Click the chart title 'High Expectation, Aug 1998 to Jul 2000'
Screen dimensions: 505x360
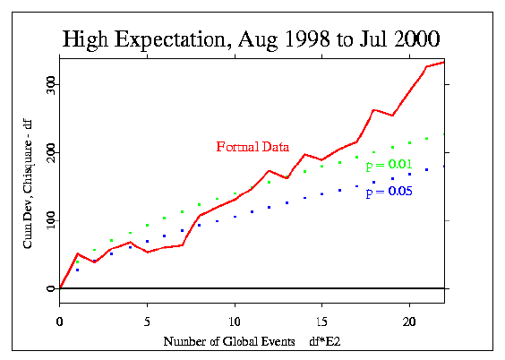(251, 39)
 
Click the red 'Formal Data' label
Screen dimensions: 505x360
(252, 147)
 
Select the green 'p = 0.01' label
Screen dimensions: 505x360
(389, 165)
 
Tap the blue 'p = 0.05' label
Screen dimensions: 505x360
(389, 192)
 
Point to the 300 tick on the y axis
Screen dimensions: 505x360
(51, 85)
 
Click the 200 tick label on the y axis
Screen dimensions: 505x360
(51, 152)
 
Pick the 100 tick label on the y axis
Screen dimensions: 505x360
(51, 220)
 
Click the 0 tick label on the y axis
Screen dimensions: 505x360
(51, 288)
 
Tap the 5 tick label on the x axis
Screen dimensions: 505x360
(147, 321)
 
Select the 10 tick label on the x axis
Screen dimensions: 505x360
(235, 321)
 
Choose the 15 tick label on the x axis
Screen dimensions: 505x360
(321, 321)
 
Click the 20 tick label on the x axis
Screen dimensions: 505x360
(409, 321)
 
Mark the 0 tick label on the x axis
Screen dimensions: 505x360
(60, 321)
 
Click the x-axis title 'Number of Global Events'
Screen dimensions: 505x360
(229, 342)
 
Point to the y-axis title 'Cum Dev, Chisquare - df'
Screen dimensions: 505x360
(28, 184)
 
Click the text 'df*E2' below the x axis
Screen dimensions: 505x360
(325, 342)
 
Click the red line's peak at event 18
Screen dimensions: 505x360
(373, 110)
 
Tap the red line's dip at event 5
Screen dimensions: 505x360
(147, 252)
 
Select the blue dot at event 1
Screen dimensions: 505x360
(77, 270)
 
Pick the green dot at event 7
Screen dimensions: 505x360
(183, 212)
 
